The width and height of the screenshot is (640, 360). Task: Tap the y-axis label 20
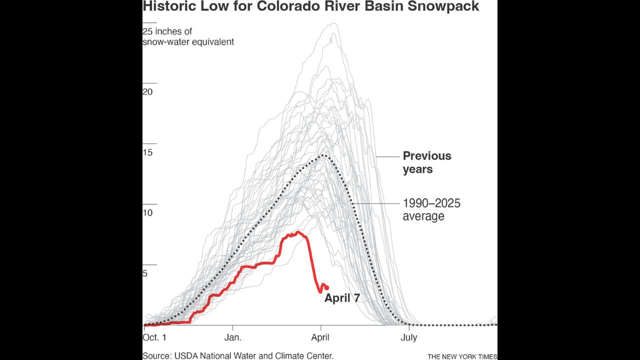tap(147, 92)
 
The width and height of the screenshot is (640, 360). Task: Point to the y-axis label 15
tap(147, 152)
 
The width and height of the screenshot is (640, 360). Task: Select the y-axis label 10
tap(147, 213)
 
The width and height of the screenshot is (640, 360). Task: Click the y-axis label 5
tap(145, 273)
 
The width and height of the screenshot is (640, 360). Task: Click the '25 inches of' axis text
tap(167, 31)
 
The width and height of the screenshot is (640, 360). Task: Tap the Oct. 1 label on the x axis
tap(155, 337)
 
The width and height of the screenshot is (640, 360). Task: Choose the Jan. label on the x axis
tap(233, 337)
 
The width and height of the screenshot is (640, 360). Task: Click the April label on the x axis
tap(320, 337)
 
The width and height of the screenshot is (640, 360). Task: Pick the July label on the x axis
tap(408, 337)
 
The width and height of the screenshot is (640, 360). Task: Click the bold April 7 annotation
tap(342, 298)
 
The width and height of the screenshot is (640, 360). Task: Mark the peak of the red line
tap(298, 232)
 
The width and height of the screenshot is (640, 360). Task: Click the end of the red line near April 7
tap(326, 287)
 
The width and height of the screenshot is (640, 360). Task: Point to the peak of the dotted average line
tap(324, 155)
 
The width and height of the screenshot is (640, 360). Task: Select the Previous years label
tap(426, 162)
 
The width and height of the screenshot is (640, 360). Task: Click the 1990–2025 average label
tap(431, 210)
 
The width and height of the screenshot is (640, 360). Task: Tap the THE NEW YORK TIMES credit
tap(462, 356)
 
